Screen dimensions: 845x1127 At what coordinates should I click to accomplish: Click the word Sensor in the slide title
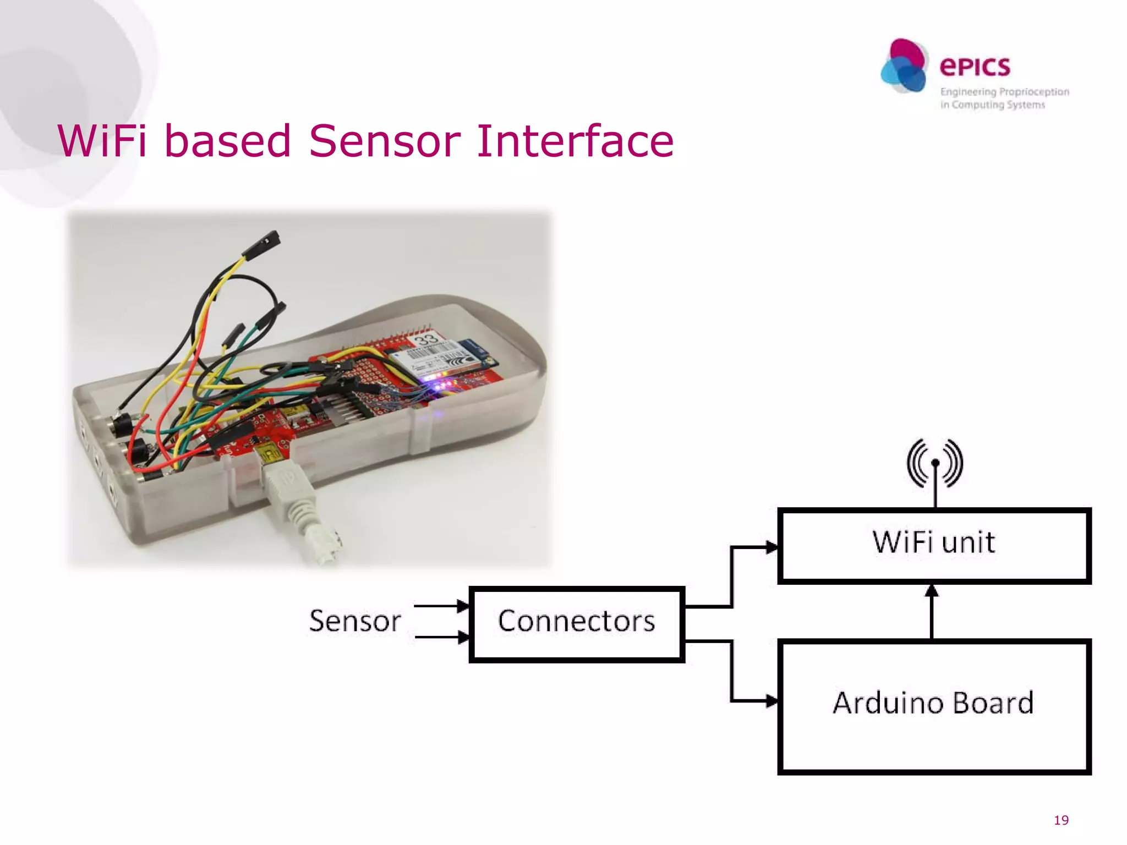384,141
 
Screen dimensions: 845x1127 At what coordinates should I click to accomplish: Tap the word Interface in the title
575,141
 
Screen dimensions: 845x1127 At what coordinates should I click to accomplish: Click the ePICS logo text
975,67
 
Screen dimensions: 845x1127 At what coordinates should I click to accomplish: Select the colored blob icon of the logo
904,66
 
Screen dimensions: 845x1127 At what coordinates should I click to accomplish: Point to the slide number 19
1061,820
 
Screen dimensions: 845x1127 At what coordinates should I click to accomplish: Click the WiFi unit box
934,545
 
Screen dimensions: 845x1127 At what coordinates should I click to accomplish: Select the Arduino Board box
934,706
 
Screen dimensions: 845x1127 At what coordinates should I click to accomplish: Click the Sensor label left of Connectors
355,621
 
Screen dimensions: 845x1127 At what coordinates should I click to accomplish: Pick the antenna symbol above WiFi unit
934,464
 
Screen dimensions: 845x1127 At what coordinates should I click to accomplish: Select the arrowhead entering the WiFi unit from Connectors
772,547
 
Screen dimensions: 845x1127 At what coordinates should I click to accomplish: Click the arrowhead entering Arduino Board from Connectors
772,701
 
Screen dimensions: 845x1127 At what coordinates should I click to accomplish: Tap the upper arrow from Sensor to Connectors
440,606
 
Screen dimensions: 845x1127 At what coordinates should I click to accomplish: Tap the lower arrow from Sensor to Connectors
440,638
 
